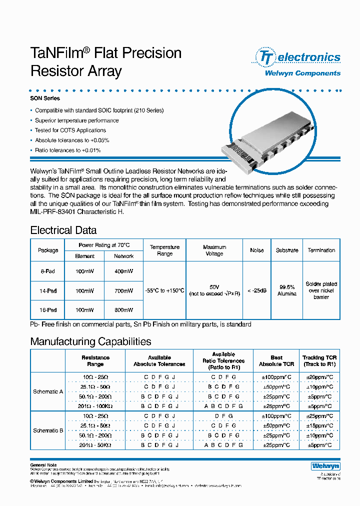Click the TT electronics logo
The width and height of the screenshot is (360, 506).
tap(298, 57)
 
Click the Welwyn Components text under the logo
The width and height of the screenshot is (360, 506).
tap(302, 73)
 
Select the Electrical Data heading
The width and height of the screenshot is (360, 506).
tap(63, 230)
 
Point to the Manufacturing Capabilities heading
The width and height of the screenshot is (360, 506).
tap(90, 342)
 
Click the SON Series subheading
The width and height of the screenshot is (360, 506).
tap(45, 99)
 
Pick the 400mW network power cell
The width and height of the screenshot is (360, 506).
tap(123, 271)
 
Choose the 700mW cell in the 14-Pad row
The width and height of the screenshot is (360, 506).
tap(123, 290)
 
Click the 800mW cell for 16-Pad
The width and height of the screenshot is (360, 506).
tap(123, 310)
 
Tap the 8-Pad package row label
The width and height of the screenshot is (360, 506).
tap(48, 271)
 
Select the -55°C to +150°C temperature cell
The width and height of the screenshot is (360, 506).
tap(164, 290)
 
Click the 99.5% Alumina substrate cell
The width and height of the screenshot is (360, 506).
tap(287, 290)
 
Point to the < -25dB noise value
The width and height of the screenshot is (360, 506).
tap(256, 290)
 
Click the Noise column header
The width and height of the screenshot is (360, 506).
tap(256, 250)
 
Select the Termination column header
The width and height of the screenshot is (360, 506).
tap(321, 250)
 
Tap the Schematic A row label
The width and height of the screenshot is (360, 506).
tap(48, 391)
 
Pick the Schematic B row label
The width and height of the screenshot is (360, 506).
tap(48, 430)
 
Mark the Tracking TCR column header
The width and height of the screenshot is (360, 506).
tap(319, 361)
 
